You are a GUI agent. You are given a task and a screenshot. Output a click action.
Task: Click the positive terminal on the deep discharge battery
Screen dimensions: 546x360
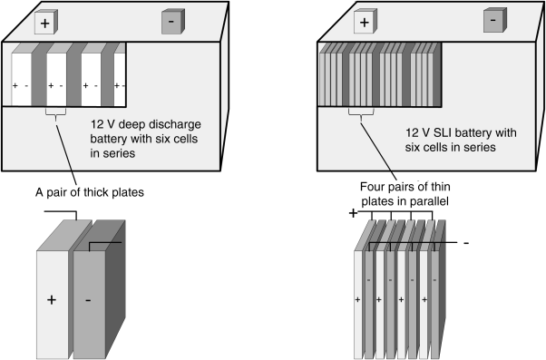46,23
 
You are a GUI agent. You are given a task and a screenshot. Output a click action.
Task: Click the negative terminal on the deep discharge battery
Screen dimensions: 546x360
173,22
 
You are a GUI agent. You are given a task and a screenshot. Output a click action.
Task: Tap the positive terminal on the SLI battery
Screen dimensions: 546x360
366,22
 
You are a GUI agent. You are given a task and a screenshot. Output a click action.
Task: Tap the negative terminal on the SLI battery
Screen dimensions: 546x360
495,20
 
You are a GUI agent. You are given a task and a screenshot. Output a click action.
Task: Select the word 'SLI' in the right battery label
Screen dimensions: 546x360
443,132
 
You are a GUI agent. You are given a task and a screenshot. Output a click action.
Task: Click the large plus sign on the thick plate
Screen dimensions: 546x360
52,300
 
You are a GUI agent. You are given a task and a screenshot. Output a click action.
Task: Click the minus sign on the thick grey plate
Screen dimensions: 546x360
88,300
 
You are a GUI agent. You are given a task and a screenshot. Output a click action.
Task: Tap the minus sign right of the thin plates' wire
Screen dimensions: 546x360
466,243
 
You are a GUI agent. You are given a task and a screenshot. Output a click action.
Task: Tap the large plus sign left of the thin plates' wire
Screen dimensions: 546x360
353,213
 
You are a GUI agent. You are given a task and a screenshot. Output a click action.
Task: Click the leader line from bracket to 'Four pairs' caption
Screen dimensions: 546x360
378,151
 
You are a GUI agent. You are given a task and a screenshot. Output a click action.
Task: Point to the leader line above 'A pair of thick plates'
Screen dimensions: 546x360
66,154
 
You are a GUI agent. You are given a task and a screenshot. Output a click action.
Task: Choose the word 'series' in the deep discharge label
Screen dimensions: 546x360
119,153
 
